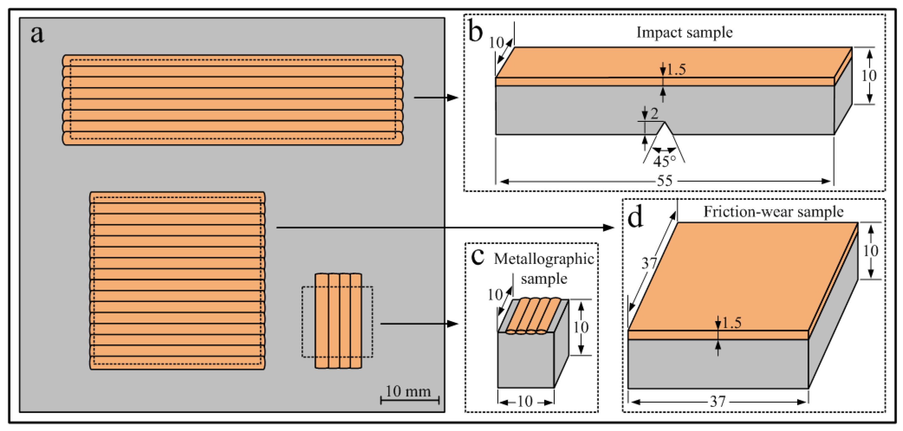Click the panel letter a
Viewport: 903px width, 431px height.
click(x=37, y=34)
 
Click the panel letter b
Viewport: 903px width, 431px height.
click(x=475, y=32)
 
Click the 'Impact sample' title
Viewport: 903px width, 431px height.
click(x=684, y=32)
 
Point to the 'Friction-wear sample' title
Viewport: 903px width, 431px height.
click(x=773, y=212)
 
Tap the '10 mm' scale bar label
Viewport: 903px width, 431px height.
click(x=408, y=391)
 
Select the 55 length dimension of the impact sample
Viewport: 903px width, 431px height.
click(x=665, y=181)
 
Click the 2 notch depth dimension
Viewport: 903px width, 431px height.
click(x=654, y=113)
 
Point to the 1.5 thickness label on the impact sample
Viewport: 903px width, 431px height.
click(x=676, y=69)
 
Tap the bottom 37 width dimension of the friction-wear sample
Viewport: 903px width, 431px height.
click(x=718, y=402)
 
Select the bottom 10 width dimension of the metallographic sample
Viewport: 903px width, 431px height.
click(x=525, y=402)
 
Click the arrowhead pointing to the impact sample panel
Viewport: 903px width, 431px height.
click(x=453, y=97)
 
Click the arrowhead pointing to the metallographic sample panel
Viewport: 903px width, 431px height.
click(x=453, y=324)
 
